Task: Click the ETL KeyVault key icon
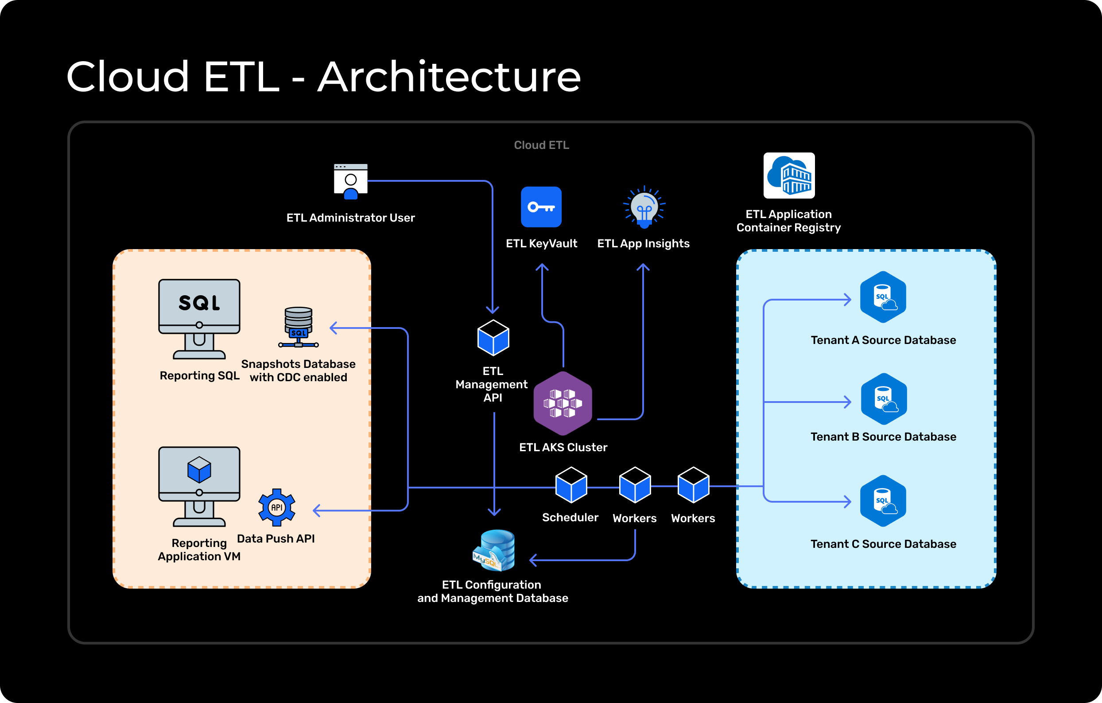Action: pos(541,207)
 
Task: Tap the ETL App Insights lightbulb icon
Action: pos(644,207)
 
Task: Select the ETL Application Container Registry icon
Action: pos(789,176)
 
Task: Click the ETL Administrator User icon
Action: pos(350,181)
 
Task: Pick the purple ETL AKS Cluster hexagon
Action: pos(563,403)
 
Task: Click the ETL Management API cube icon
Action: pos(493,338)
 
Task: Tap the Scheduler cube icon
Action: pos(571,485)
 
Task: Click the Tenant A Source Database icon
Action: pos(883,297)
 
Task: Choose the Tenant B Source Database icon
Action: pos(883,399)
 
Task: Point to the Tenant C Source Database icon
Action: pos(883,501)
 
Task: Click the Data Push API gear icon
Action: pos(276,508)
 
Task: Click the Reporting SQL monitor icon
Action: pos(199,319)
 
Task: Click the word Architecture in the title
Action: pos(449,77)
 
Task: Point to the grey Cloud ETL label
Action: pos(541,145)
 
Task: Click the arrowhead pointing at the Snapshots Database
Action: pos(332,328)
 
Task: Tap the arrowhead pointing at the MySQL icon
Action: pos(532,560)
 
